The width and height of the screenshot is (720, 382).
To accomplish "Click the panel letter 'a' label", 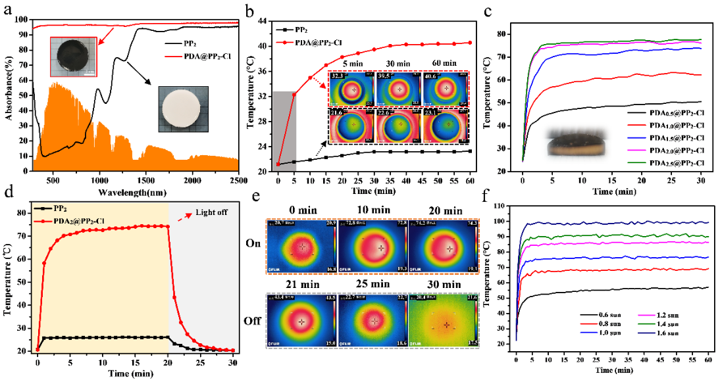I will (x=9, y=9).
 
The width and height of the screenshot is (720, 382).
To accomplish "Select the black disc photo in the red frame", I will (x=72, y=57).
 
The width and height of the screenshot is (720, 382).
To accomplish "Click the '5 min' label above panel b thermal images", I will (x=353, y=63).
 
